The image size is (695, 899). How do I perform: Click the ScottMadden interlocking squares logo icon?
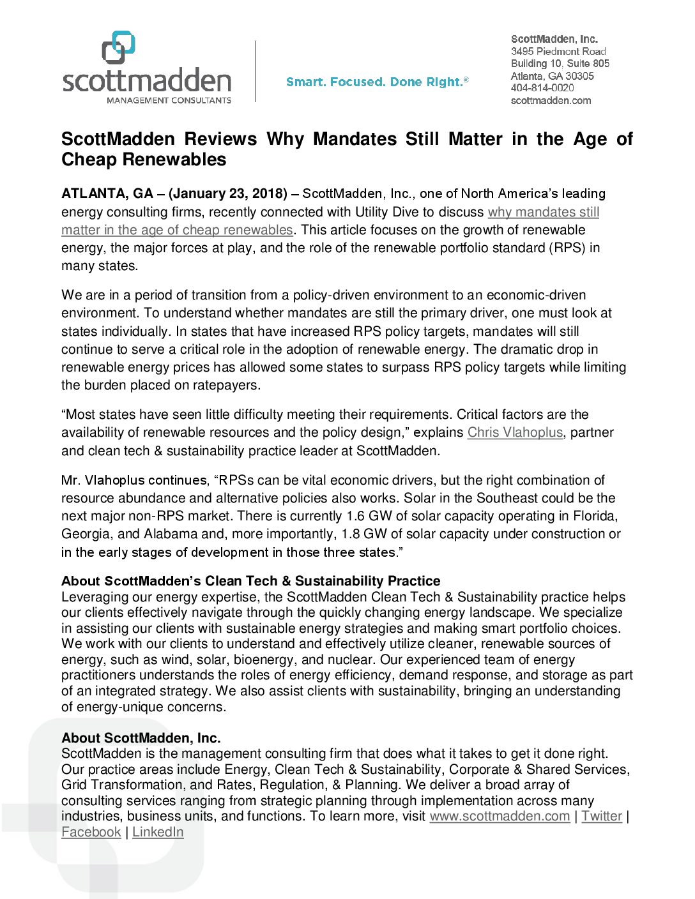pyautogui.click(x=119, y=48)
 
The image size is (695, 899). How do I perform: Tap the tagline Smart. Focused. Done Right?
pyautogui.click(x=377, y=82)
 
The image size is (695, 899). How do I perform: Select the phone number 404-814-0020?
pyautogui.click(x=542, y=88)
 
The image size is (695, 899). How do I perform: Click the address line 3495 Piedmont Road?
pyautogui.click(x=558, y=51)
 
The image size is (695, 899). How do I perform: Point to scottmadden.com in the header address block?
pyautogui.click(x=551, y=100)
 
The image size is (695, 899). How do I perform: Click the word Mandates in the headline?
pyautogui.click(x=349, y=139)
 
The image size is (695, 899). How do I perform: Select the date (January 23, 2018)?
pyautogui.click(x=228, y=193)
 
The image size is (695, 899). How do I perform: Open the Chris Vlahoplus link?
pyautogui.click(x=515, y=432)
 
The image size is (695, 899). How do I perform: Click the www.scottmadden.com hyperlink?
pyautogui.click(x=500, y=816)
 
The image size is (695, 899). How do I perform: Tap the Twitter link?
pyautogui.click(x=601, y=816)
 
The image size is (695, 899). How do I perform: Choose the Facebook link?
pyautogui.click(x=91, y=832)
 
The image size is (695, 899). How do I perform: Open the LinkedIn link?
pyautogui.click(x=158, y=832)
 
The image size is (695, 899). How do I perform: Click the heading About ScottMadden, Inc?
pyautogui.click(x=141, y=738)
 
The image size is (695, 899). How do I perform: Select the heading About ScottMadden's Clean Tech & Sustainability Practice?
pyautogui.click(x=250, y=581)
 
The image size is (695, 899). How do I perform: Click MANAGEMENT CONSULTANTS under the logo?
pyautogui.click(x=169, y=100)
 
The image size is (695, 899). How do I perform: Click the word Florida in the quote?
pyautogui.click(x=595, y=516)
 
